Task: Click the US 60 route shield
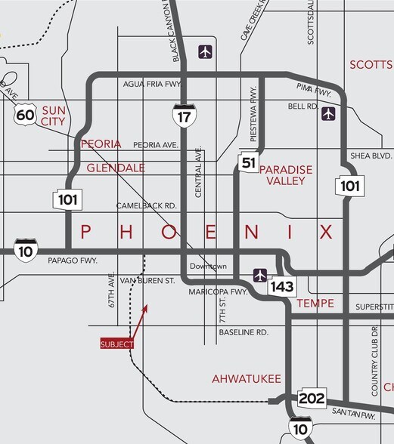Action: (x=25, y=115)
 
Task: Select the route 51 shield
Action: (x=246, y=162)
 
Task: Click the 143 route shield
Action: (x=284, y=285)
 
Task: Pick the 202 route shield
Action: (x=311, y=398)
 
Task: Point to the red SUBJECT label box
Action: (x=117, y=344)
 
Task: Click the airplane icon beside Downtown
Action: (x=261, y=275)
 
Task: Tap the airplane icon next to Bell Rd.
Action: (x=328, y=113)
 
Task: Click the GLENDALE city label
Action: (x=115, y=168)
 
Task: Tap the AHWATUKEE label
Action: (x=247, y=378)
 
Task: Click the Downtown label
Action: (x=208, y=267)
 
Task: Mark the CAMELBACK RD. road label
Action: (x=146, y=205)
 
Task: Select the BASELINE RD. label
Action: (x=244, y=332)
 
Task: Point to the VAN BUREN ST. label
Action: (x=142, y=280)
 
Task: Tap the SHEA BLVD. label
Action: (x=371, y=156)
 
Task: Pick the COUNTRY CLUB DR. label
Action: (x=374, y=361)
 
